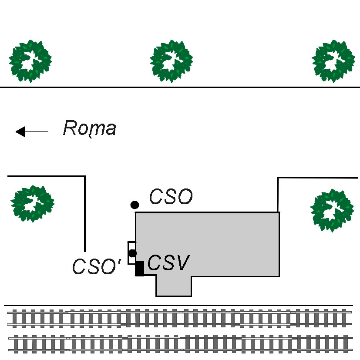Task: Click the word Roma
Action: pyautogui.click(x=90, y=128)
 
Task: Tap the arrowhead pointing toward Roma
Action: pyautogui.click(x=20, y=131)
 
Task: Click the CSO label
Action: pyautogui.click(x=171, y=196)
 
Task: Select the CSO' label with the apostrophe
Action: pyautogui.click(x=97, y=266)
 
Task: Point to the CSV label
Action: pyautogui.click(x=168, y=262)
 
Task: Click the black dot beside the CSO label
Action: pyautogui.click(x=135, y=205)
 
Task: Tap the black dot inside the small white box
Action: pyautogui.click(x=132, y=253)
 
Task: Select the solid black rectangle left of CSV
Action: pyautogui.click(x=139, y=269)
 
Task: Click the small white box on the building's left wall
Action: pyautogui.click(x=132, y=253)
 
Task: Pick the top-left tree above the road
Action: pyautogui.click(x=30, y=61)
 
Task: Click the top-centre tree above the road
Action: pyautogui.click(x=171, y=61)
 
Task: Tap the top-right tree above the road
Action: pyautogui.click(x=333, y=61)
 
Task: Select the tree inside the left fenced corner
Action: pyautogui.click(x=32, y=203)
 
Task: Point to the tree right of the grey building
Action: pyautogui.click(x=332, y=210)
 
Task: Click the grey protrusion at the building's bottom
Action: pyautogui.click(x=174, y=286)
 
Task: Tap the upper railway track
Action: pyautogui.click(x=179, y=318)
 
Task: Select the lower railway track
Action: pyautogui.click(x=181, y=344)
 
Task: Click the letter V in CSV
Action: pyautogui.click(x=182, y=262)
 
